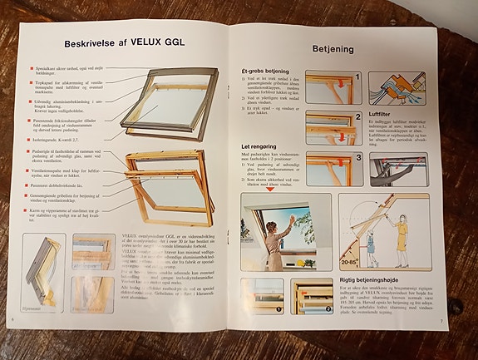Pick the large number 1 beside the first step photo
(357, 76)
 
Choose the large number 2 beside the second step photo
(357, 117)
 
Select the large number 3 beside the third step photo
(357, 155)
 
